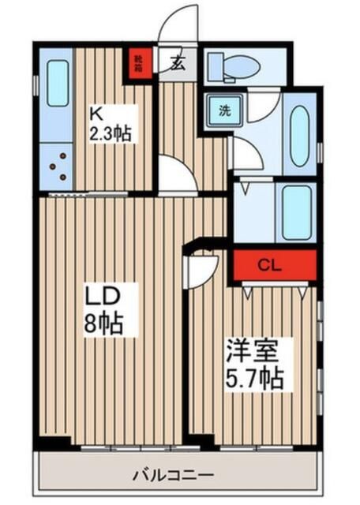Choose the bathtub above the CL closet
[x=297, y=210]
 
